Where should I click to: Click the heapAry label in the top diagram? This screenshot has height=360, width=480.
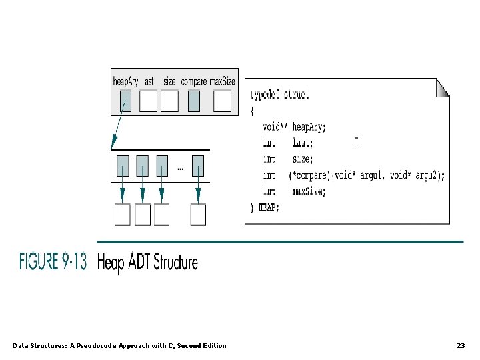click(126, 81)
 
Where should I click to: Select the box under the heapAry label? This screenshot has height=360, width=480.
click(125, 101)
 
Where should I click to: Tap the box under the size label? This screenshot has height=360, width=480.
click(169, 101)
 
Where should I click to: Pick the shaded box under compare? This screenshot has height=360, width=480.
click(193, 101)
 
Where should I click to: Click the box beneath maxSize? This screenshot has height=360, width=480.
click(222, 101)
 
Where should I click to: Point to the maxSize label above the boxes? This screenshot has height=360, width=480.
click(223, 81)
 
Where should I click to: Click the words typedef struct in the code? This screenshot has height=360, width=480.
click(280, 95)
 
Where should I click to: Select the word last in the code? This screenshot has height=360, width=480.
click(303, 143)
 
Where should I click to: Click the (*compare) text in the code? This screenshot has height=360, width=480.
click(311, 175)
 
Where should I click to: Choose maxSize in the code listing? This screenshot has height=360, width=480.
click(309, 191)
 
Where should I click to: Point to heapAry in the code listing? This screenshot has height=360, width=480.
click(310, 127)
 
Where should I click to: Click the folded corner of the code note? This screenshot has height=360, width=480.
click(442, 87)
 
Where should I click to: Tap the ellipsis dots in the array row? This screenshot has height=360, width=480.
click(180, 169)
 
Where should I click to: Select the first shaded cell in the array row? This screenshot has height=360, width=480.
click(123, 165)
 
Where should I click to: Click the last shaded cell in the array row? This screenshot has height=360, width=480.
click(197, 165)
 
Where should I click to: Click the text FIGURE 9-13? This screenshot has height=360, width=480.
click(53, 262)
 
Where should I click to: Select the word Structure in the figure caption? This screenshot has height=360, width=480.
click(176, 262)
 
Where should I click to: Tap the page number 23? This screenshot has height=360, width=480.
click(460, 345)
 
